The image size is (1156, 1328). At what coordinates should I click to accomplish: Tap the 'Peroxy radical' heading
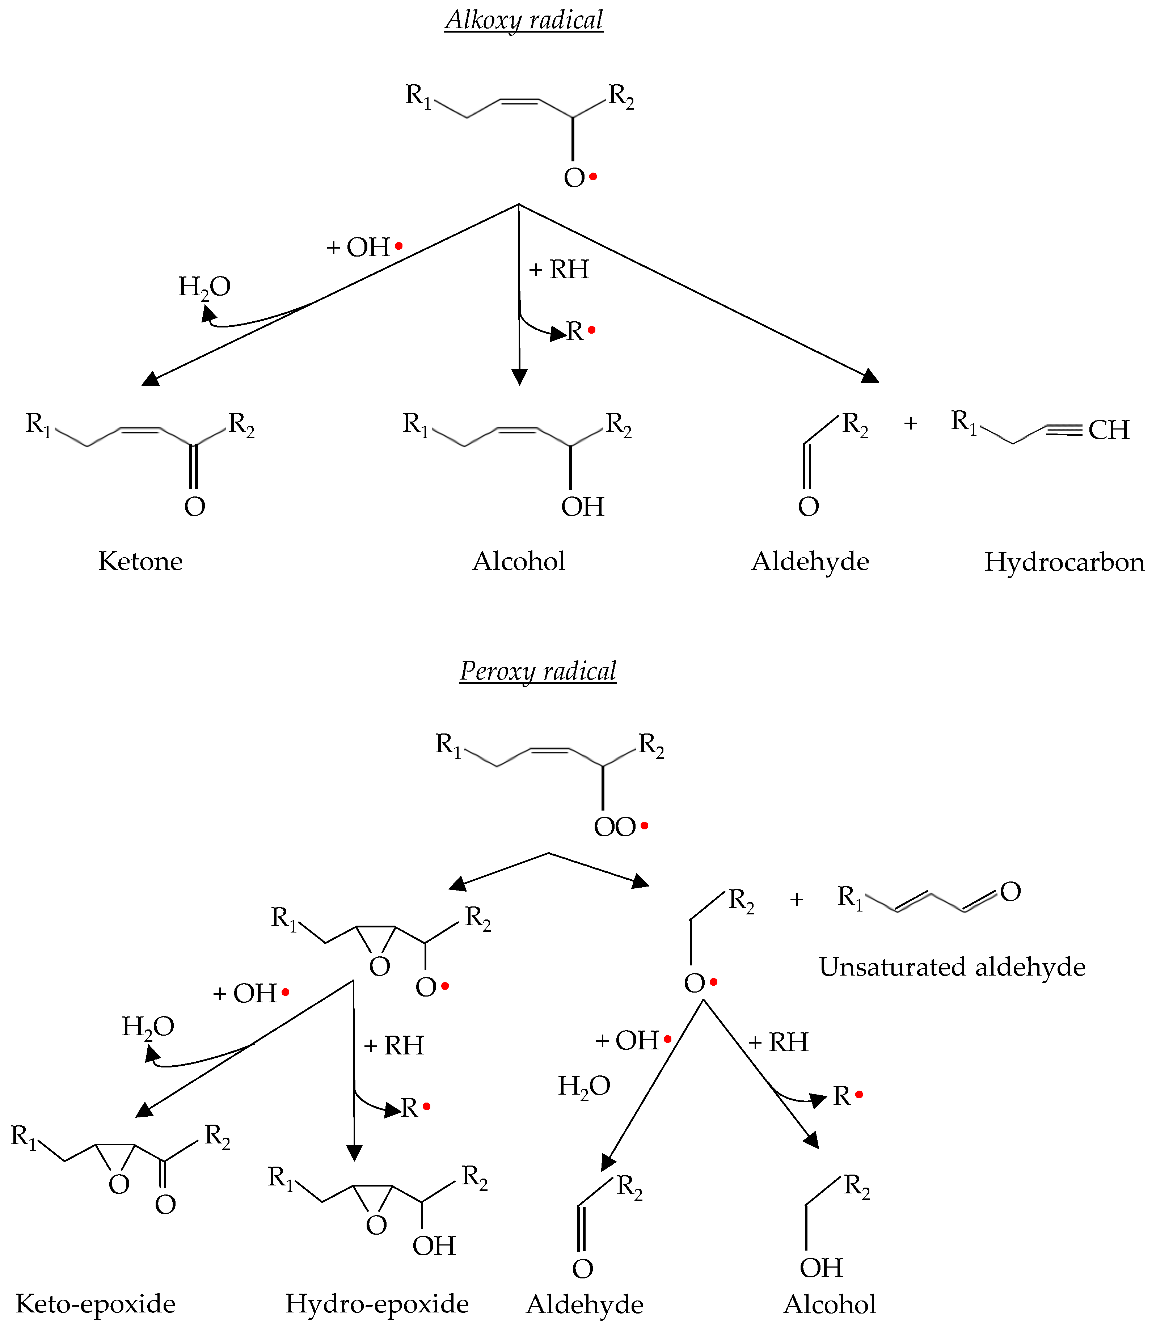point(538,671)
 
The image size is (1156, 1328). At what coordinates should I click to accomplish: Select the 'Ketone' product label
point(141,561)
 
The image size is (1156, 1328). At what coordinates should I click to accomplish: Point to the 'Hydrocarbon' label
point(1064,562)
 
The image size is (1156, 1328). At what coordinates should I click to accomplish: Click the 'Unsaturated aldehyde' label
point(952,967)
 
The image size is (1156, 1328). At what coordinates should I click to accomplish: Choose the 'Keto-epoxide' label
point(96,1303)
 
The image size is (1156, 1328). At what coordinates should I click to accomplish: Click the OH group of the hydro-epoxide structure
point(434,1245)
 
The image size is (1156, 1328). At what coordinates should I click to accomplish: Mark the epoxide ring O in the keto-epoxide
point(119,1184)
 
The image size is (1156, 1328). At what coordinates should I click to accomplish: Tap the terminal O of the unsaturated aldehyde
point(1010,892)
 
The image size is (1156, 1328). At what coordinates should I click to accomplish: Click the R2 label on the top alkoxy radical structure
point(621,96)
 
